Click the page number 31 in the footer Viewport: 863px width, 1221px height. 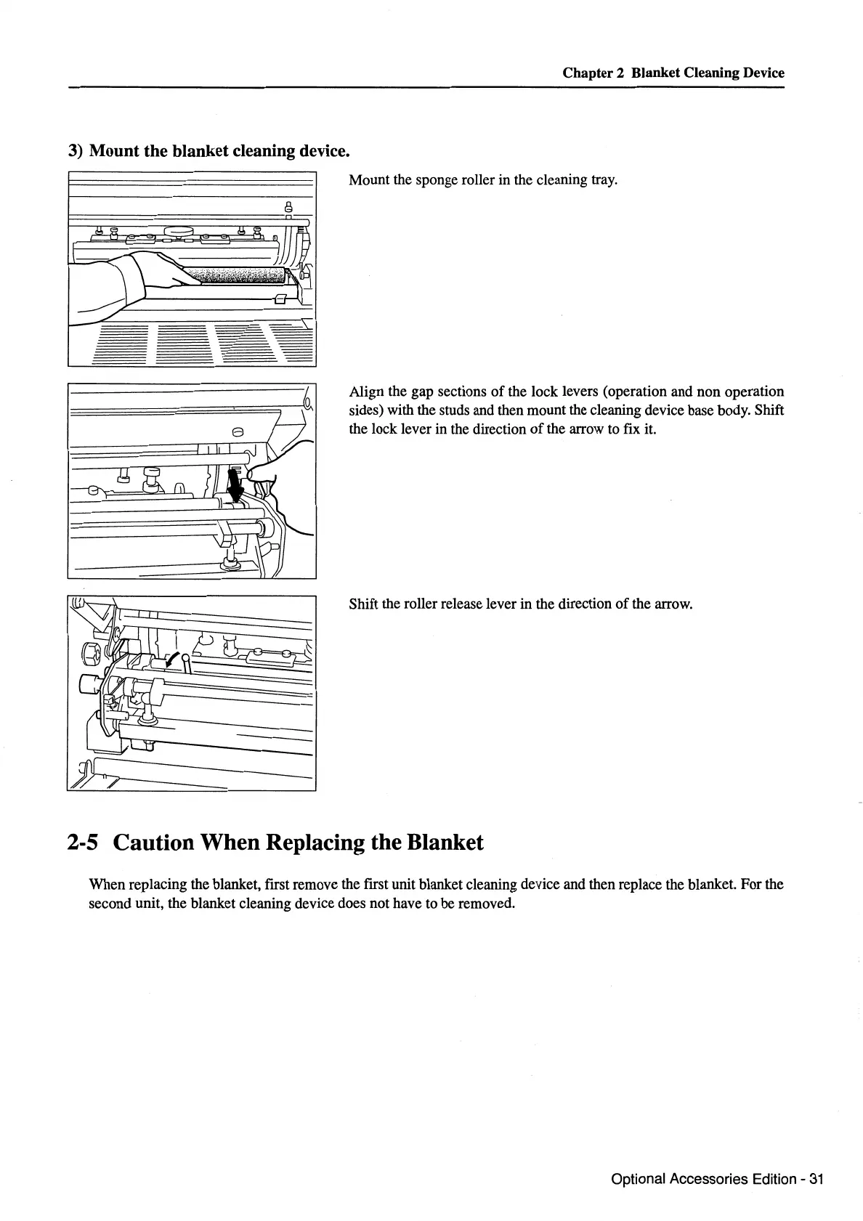click(815, 1179)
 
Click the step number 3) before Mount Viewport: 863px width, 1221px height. click(76, 151)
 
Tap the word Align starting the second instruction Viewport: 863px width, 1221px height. click(366, 392)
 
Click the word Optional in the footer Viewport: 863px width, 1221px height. click(637, 1179)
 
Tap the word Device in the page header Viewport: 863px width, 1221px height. click(763, 73)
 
